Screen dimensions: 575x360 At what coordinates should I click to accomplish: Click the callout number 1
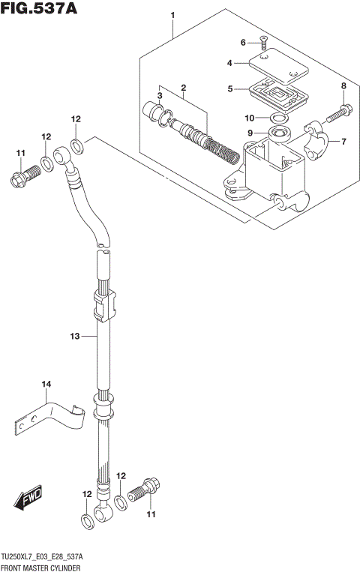pyautogui.click(x=172, y=15)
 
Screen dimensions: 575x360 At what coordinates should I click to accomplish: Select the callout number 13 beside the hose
pyautogui.click(x=75, y=337)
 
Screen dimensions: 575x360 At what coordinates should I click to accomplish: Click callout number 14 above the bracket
pyautogui.click(x=46, y=385)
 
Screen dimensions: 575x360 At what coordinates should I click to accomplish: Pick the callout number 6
pyautogui.click(x=243, y=42)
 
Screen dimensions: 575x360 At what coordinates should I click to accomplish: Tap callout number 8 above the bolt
pyautogui.click(x=343, y=87)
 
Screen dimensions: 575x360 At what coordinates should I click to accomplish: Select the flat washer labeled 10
pyautogui.click(x=280, y=118)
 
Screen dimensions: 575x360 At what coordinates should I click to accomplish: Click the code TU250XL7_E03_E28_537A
pyautogui.click(x=42, y=558)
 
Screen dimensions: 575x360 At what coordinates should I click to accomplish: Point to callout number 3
pyautogui.click(x=160, y=97)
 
